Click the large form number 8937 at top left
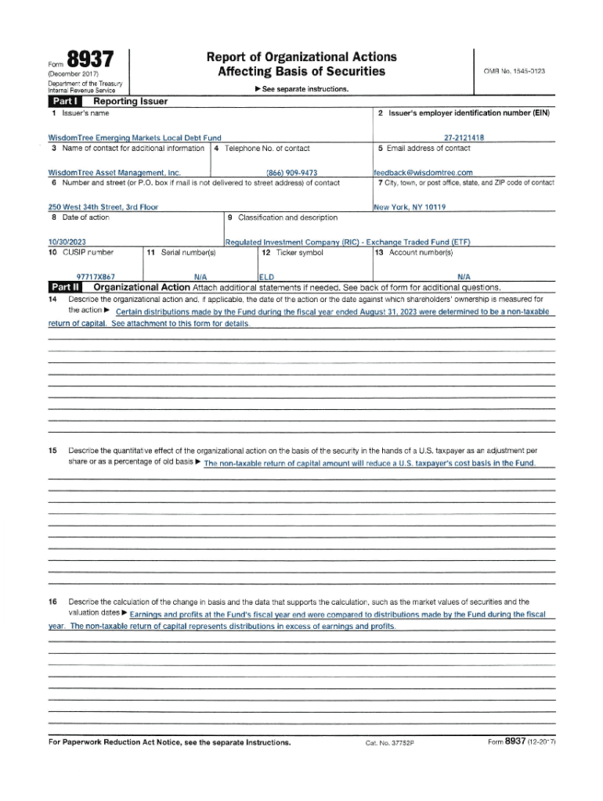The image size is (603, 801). point(90,60)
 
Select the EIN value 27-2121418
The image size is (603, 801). point(464,138)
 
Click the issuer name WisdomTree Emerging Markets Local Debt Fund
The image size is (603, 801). point(135,138)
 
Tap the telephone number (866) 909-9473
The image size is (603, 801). point(291,172)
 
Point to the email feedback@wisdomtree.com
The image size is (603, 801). point(423,172)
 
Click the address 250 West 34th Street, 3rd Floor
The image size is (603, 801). point(103,207)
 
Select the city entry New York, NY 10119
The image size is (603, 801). point(410,207)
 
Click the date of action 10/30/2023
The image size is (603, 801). point(67,242)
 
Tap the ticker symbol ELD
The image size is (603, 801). point(266,276)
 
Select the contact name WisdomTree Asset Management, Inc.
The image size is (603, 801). point(114,172)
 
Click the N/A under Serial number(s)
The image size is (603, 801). point(200,276)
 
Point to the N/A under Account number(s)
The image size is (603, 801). point(464,276)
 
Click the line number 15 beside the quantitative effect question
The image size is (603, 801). point(52,451)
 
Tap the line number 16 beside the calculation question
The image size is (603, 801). point(52,602)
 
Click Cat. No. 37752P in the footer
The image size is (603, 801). point(389,742)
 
